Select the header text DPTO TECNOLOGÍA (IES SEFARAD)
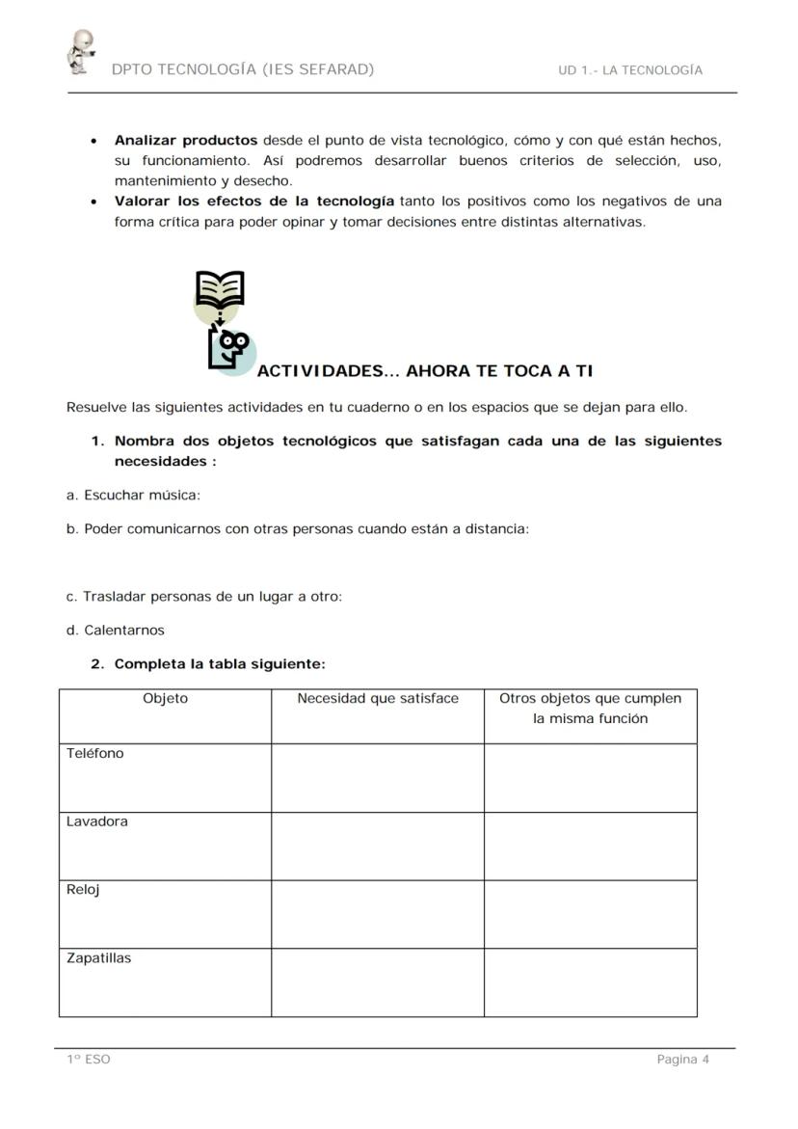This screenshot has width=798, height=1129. [243, 69]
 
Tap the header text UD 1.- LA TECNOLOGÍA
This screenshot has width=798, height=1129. [629, 70]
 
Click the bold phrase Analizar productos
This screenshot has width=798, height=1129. [186, 140]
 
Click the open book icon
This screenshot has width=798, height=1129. [220, 289]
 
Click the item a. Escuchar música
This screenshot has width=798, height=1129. [133, 496]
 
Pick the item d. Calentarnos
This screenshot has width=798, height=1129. [116, 631]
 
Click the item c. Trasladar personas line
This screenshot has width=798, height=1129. [204, 597]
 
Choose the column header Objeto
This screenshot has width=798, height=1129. [165, 699]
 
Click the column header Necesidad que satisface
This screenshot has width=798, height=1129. [378, 699]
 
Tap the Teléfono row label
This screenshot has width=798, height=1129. [95, 754]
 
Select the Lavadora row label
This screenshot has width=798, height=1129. [97, 822]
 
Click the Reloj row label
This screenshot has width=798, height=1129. [83, 890]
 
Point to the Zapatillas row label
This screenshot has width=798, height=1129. [99, 958]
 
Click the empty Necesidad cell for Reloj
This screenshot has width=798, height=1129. [378, 914]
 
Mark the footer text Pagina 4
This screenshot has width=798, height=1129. [682, 1060]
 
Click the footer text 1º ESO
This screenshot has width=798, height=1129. [89, 1060]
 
